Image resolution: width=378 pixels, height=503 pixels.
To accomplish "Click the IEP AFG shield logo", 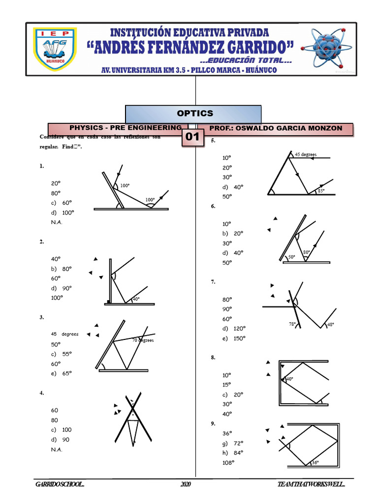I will tap(55, 49).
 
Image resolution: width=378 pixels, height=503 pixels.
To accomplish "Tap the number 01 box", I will tap(192, 137).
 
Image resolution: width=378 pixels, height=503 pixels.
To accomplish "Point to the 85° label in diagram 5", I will tap(321, 191).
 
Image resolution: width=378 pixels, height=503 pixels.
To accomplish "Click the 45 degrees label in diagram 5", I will tap(306, 154).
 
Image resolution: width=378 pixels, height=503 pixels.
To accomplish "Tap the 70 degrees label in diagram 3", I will tap(143, 340).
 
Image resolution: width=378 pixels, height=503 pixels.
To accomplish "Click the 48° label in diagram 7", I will tap(330, 325).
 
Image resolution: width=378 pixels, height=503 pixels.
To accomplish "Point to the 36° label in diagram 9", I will tap(315, 462).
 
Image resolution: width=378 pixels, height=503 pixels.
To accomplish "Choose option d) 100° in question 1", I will tap(63, 212).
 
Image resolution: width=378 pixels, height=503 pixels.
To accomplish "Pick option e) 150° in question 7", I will tap(234, 338).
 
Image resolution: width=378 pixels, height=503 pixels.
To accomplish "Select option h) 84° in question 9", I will tap(233, 452).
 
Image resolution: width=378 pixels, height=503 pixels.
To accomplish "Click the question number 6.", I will tap(213, 206).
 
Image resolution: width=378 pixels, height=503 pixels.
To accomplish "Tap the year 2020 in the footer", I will tap(186, 485).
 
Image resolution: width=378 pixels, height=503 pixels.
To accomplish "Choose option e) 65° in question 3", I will tap(62, 373).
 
